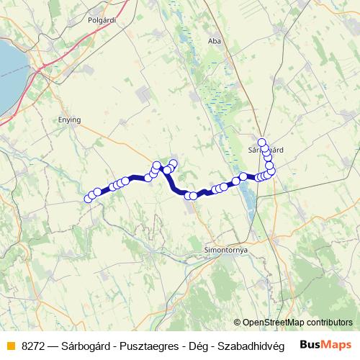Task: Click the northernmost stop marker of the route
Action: [262, 143]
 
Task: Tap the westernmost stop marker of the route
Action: [89, 199]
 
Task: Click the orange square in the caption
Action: [10, 345]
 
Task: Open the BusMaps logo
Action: [326, 344]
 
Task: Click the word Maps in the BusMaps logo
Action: [338, 344]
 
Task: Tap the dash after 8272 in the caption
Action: [55, 345]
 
